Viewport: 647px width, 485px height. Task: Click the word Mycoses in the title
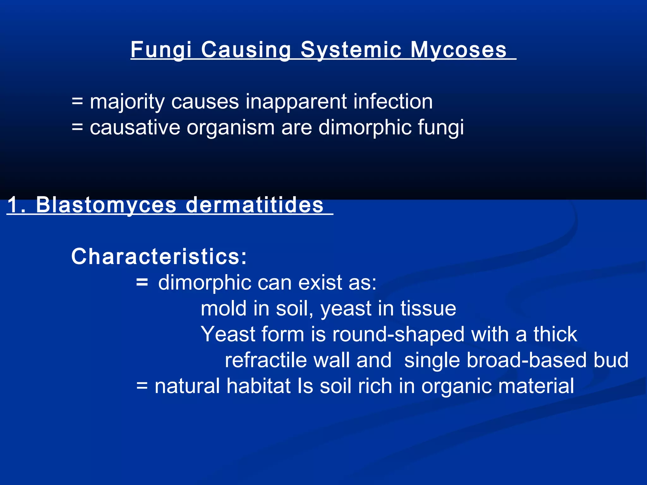pyautogui.click(x=458, y=50)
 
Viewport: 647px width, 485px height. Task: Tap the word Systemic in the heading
pyautogui.click(x=351, y=50)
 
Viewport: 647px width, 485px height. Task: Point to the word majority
pyautogui.click(x=127, y=102)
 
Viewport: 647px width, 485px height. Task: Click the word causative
pyautogui.click(x=135, y=128)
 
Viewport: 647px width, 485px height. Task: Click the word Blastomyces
pyautogui.click(x=106, y=205)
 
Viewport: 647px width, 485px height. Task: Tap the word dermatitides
pyautogui.click(x=255, y=205)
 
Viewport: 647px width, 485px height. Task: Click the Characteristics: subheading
pyautogui.click(x=159, y=256)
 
